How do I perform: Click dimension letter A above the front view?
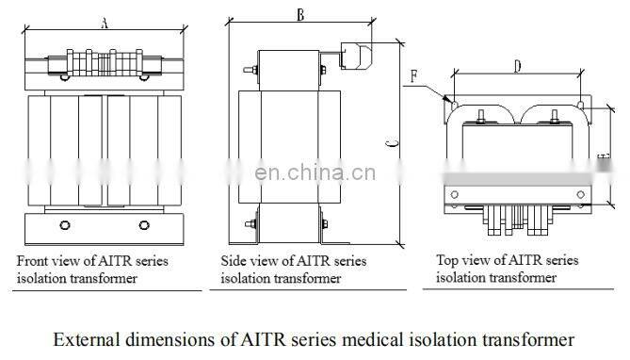point(105,24)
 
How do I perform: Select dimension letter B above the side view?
point(300,15)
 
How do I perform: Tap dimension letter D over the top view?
point(518,66)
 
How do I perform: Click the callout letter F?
point(413,76)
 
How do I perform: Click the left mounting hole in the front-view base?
point(65,225)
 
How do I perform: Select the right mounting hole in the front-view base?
point(144,225)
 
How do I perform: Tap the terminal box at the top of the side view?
point(356,56)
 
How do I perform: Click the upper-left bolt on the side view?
point(250,70)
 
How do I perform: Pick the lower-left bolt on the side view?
point(250,224)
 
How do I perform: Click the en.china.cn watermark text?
point(315,172)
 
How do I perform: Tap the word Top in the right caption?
point(446,261)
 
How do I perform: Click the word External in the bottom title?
point(87,339)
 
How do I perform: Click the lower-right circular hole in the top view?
point(581,195)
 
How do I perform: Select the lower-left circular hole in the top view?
point(455,195)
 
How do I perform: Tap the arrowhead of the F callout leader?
point(446,98)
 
